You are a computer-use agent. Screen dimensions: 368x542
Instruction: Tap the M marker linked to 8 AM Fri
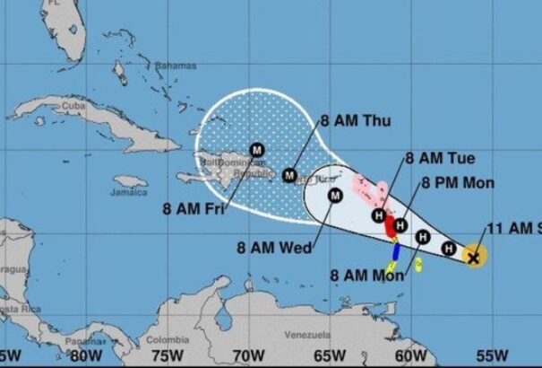point(256,150)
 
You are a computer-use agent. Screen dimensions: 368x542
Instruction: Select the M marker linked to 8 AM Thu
point(289,175)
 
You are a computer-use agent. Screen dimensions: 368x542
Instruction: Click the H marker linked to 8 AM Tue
point(379,215)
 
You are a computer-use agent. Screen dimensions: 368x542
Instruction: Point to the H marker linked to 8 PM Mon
point(400,225)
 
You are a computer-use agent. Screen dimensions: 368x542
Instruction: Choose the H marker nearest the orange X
point(451,249)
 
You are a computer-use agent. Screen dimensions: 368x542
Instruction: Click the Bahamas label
point(168,66)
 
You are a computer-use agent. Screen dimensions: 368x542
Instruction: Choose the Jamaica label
point(129,192)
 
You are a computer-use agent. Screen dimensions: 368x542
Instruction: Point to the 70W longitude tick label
point(245,355)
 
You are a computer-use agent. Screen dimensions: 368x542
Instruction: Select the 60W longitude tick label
point(410,355)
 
